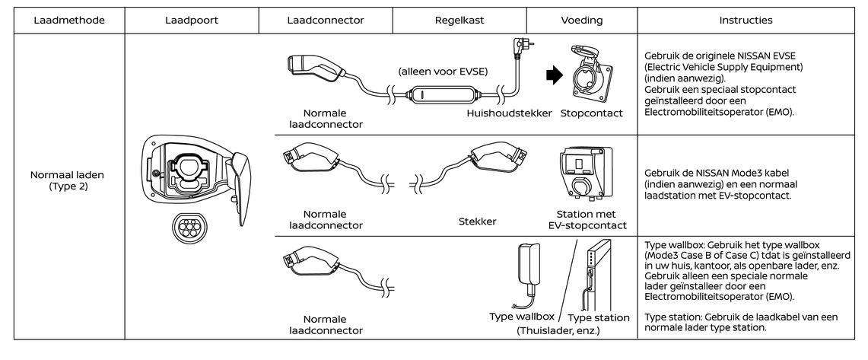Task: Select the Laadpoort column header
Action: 192,21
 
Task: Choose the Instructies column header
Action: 749,21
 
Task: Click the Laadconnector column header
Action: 326,21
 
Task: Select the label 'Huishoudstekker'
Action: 509,113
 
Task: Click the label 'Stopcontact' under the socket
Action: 591,113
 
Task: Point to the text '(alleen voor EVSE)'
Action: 442,72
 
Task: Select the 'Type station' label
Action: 599,317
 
